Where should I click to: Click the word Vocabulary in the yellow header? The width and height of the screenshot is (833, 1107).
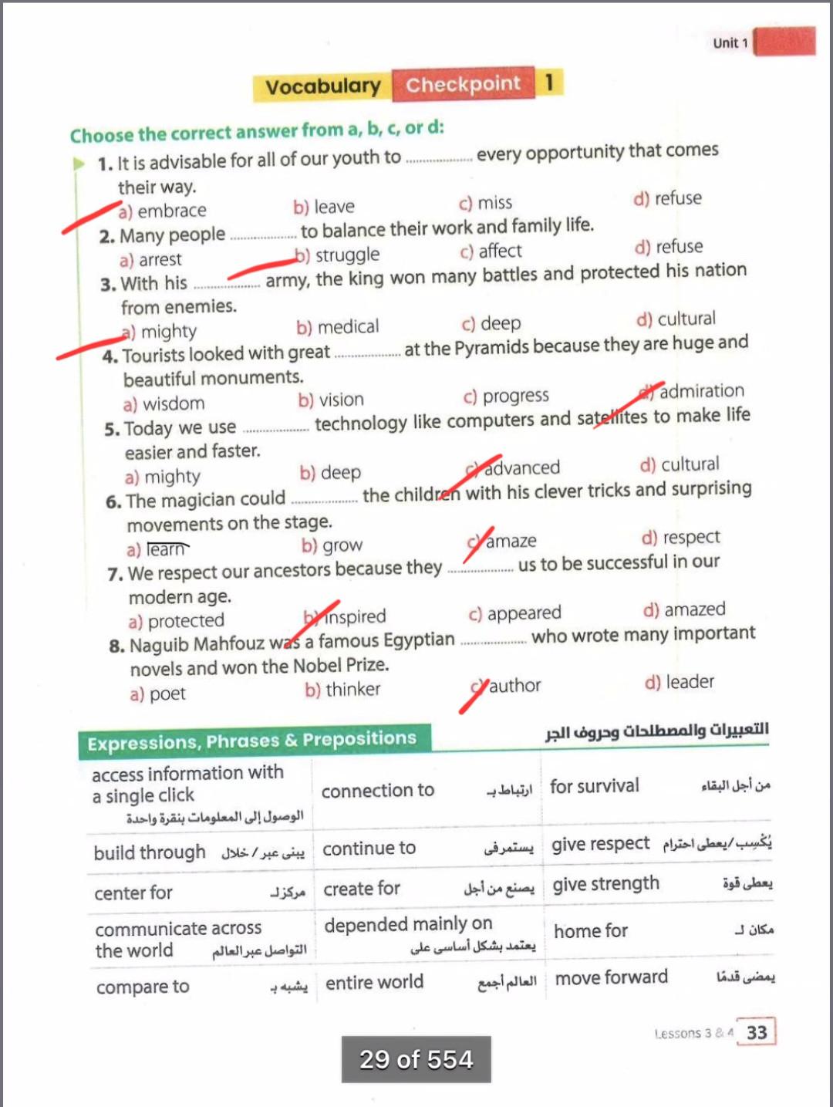pyautogui.click(x=323, y=86)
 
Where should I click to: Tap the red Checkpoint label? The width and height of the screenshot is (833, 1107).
pyautogui.click(x=463, y=84)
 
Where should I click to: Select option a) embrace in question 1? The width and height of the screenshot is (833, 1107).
pyautogui.click(x=163, y=211)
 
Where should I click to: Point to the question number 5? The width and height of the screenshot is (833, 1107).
pyautogui.click(x=112, y=430)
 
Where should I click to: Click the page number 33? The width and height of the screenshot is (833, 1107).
pyautogui.click(x=757, y=1032)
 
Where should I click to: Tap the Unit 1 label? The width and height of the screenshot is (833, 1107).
pyautogui.click(x=730, y=43)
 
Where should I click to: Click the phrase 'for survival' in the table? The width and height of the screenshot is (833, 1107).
pyautogui.click(x=595, y=786)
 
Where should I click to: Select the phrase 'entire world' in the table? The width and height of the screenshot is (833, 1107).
pyautogui.click(x=374, y=982)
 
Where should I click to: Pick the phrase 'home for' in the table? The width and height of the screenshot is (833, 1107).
pyautogui.click(x=591, y=931)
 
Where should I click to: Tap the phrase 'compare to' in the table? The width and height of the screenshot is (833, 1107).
pyautogui.click(x=143, y=987)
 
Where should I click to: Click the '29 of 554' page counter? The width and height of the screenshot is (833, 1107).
pyautogui.click(x=416, y=1059)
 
